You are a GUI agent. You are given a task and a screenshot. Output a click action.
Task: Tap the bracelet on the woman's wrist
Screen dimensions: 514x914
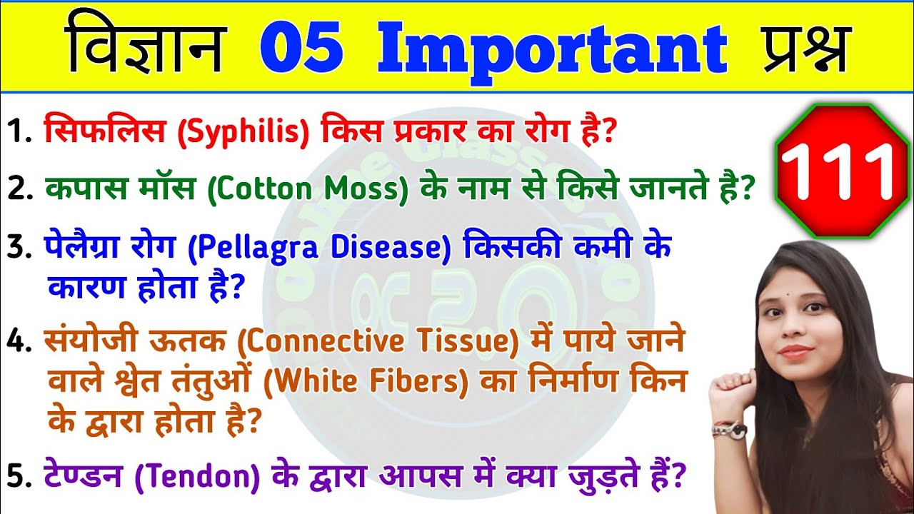pyautogui.click(x=729, y=429)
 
